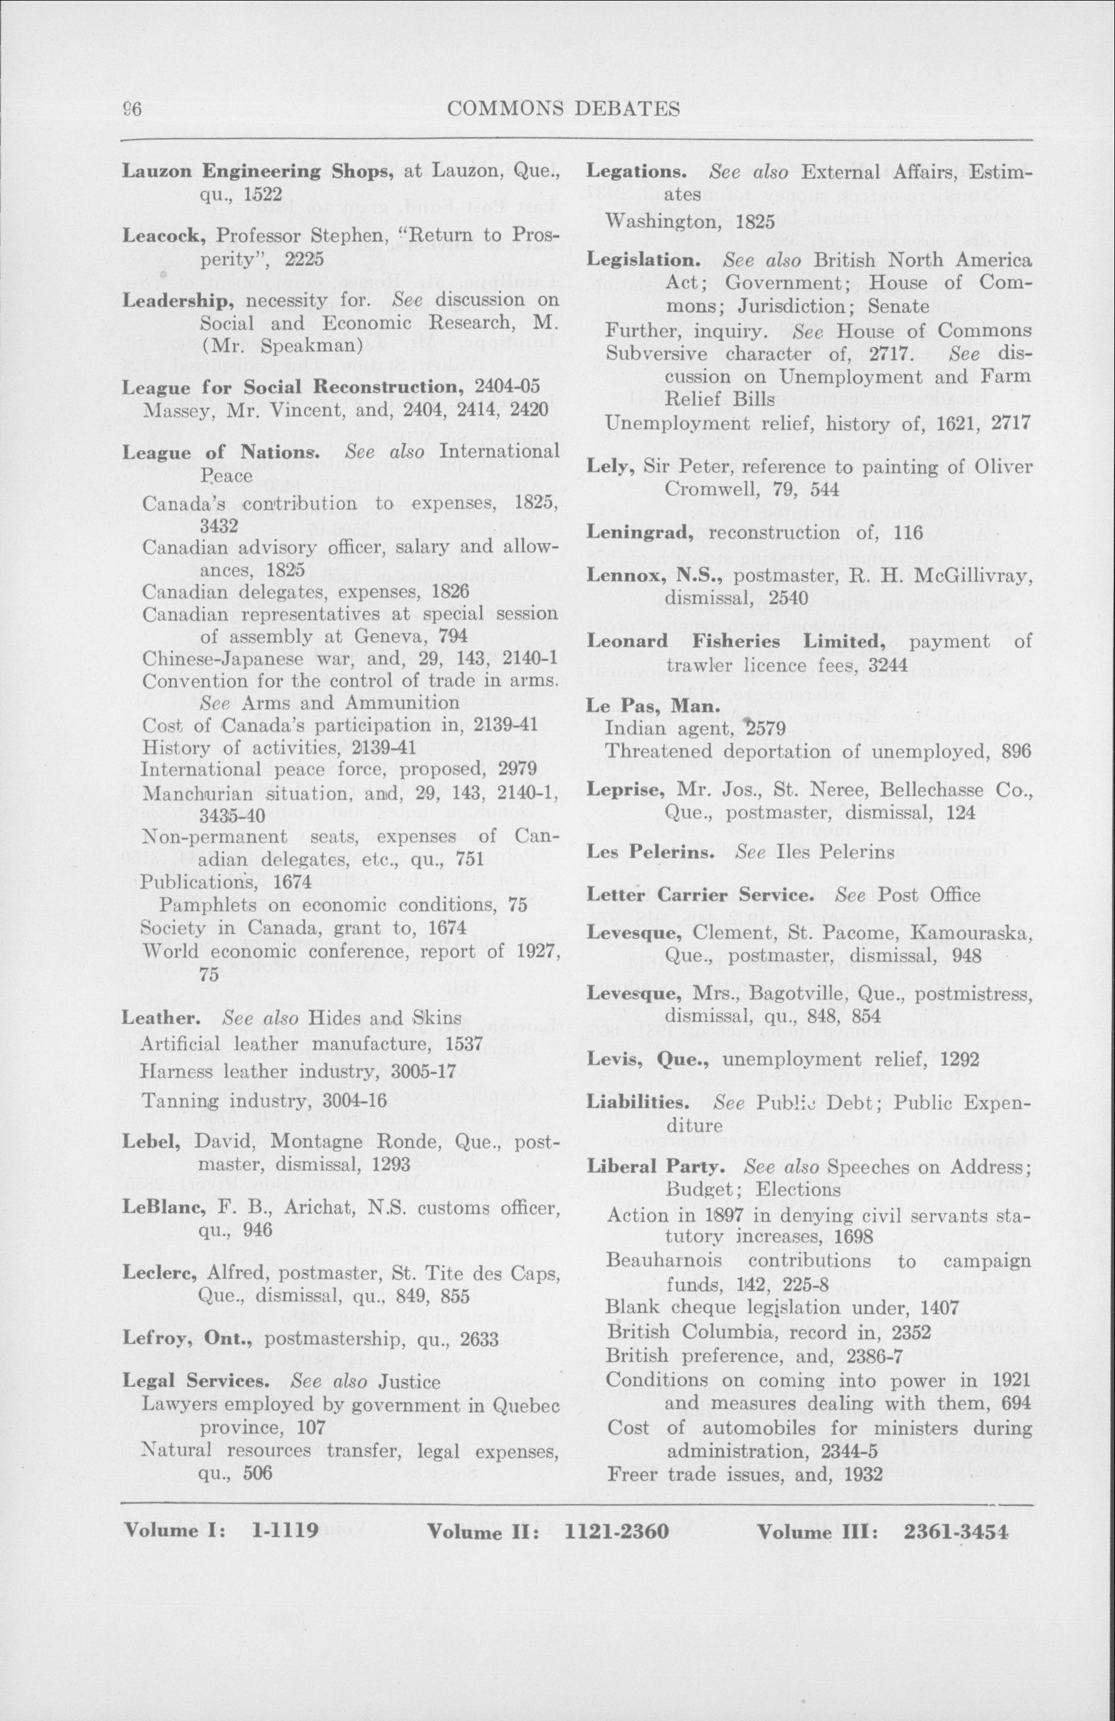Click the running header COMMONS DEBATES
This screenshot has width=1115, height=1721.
[563, 109]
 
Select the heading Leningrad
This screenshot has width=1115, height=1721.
[644, 533]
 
